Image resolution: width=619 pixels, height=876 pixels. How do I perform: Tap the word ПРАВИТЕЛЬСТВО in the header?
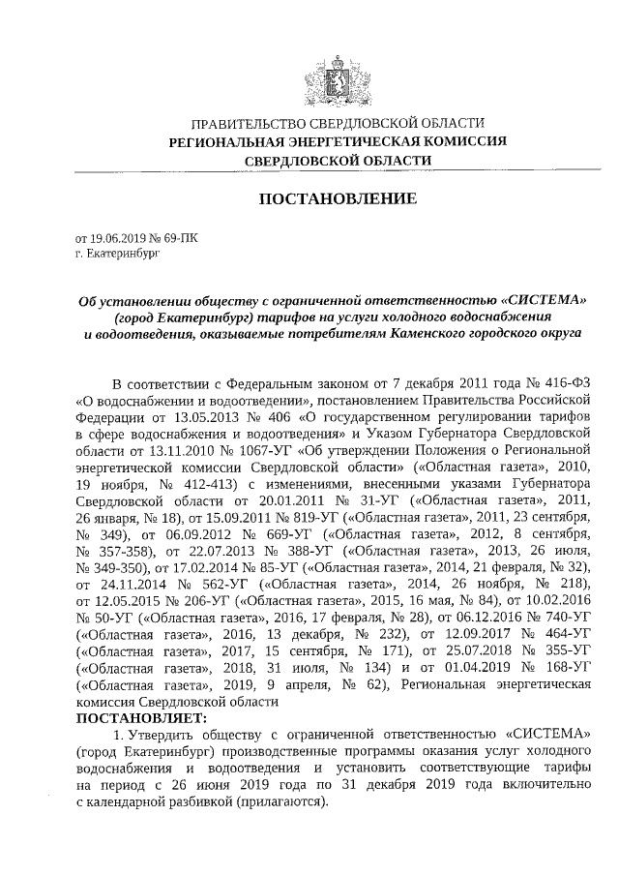click(239, 123)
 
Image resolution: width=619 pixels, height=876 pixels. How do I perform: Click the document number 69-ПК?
click(182, 237)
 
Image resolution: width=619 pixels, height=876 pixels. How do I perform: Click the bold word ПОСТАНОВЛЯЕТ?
click(141, 719)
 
